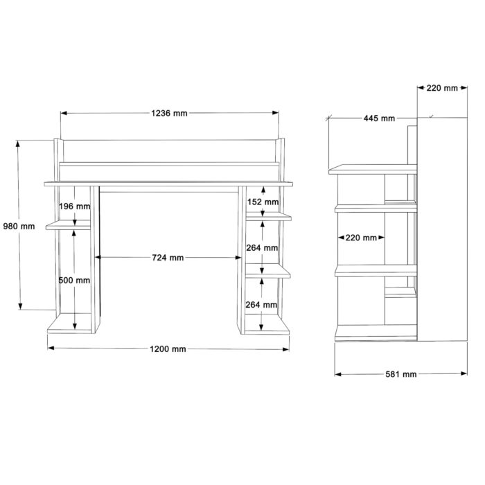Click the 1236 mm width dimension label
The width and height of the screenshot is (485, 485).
point(169,113)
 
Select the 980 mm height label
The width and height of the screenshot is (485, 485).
point(19,226)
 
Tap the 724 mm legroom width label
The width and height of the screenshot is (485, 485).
point(168,257)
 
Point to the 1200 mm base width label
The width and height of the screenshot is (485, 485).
point(168,349)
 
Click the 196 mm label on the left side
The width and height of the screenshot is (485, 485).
point(75,206)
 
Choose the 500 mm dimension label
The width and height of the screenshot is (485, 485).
point(74,280)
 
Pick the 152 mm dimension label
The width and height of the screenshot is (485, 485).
point(263,202)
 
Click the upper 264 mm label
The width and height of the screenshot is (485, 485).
point(262,247)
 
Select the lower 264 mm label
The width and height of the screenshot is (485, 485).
point(261,305)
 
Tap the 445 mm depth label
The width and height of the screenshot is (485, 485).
point(379,118)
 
